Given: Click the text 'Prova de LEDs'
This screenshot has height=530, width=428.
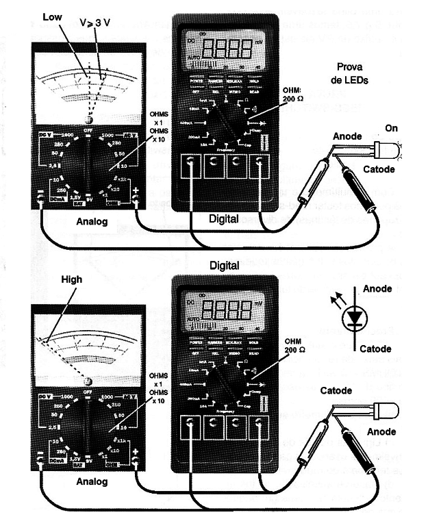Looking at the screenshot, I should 353,73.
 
